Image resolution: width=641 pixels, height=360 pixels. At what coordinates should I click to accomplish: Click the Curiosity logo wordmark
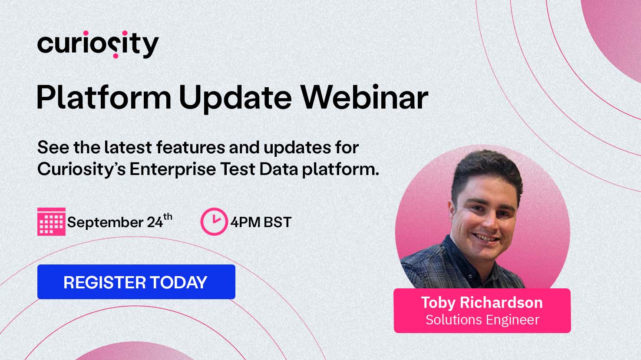click(x=98, y=44)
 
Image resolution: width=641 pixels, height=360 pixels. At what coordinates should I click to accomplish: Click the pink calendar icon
click(x=51, y=222)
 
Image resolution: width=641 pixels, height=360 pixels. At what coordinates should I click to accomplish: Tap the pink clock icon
click(x=214, y=221)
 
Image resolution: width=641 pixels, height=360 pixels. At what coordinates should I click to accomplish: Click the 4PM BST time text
click(x=261, y=222)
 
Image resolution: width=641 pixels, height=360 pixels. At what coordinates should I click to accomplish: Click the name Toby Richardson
click(x=482, y=302)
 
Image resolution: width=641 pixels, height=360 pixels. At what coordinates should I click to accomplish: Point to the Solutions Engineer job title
click(x=482, y=320)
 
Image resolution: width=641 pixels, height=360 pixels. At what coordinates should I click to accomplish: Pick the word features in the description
click(x=191, y=147)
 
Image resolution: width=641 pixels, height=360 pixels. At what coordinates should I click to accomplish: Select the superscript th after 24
click(x=168, y=217)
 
